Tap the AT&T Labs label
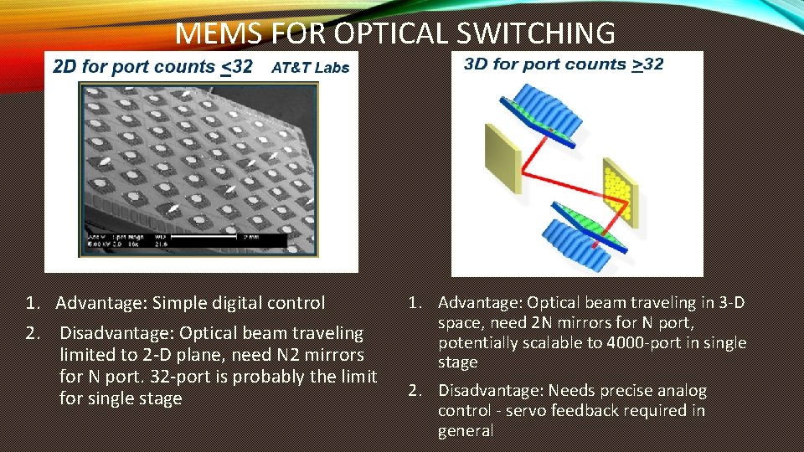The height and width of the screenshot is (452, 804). click(310, 68)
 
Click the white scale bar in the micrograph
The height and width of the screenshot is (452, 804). click(214, 237)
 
